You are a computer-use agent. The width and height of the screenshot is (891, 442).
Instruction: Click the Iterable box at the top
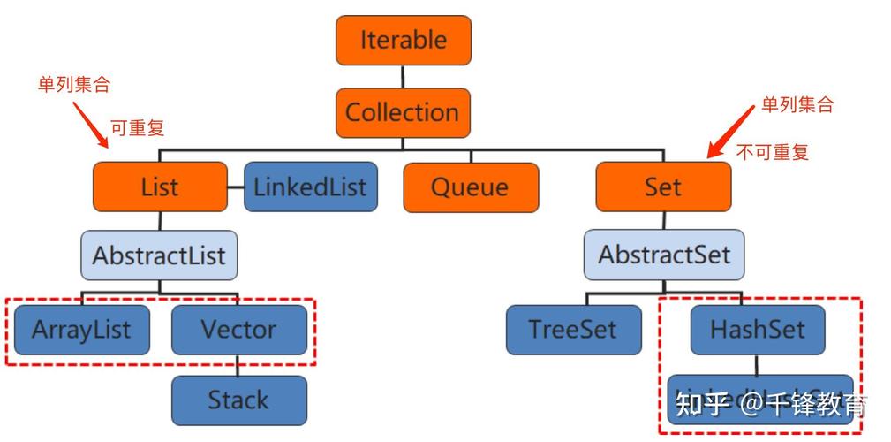point(403,41)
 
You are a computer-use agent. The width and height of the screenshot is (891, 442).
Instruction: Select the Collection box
point(403,113)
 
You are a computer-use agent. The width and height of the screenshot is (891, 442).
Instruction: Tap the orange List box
point(160,187)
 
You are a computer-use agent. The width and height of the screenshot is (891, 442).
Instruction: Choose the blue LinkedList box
point(310,187)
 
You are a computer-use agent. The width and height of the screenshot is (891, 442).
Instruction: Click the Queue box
point(470,187)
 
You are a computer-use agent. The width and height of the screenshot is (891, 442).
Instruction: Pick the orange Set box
point(663,187)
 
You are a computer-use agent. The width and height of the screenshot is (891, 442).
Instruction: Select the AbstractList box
point(160,256)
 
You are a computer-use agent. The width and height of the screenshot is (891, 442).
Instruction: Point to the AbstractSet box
point(664,256)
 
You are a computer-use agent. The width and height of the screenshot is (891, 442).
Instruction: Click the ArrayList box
point(81,330)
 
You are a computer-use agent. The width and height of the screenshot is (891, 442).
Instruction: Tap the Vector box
point(238,330)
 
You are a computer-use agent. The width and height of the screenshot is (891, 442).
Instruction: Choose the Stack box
point(238,400)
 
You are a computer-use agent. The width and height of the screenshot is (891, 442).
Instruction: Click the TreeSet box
point(573,330)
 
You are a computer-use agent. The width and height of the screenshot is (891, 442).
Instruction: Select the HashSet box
point(758,330)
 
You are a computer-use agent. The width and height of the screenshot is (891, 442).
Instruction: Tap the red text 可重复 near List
point(137,128)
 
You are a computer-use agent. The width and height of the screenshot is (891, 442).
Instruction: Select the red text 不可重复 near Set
point(773,151)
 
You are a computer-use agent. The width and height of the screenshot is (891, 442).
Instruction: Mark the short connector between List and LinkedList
point(235,187)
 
